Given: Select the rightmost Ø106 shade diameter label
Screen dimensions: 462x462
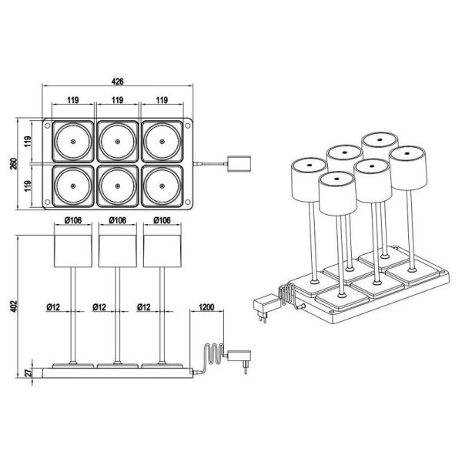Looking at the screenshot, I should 161,221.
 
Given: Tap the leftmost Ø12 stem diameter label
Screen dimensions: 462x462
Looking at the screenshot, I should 53,306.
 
